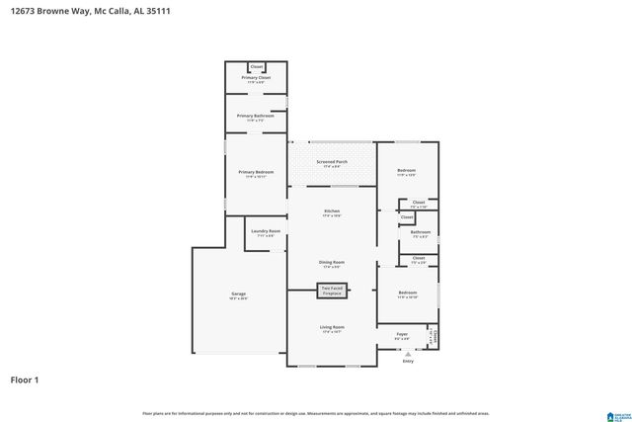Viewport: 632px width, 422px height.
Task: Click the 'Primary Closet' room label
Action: click(x=257, y=77)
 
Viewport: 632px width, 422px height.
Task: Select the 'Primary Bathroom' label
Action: click(x=256, y=116)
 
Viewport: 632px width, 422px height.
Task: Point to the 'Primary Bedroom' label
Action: click(x=256, y=172)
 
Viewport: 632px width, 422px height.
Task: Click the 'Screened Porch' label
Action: click(x=332, y=161)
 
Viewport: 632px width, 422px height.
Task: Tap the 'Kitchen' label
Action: click(x=332, y=211)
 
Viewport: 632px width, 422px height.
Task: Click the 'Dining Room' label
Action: click(x=332, y=263)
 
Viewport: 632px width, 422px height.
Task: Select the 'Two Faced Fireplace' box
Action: click(x=331, y=291)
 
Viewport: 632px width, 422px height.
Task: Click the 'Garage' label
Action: click(x=238, y=294)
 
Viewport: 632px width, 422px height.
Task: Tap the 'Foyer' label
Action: click(x=402, y=335)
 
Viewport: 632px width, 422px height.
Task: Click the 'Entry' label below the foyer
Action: click(x=408, y=361)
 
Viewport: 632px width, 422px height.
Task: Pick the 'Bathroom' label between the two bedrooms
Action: click(x=420, y=233)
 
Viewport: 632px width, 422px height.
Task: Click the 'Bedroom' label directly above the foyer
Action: click(x=407, y=293)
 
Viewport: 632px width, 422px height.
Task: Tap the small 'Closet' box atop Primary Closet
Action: click(x=257, y=66)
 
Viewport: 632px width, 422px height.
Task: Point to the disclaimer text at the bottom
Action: click(x=316, y=413)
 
